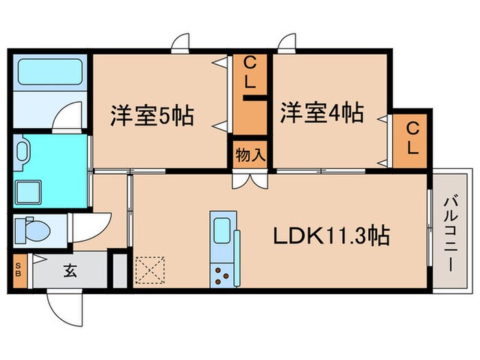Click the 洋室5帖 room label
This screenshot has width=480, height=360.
[152, 115]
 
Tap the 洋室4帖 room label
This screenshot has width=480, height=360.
[321, 112]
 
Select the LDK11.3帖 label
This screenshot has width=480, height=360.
[333, 237]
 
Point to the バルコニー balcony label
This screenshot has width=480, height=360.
[451, 233]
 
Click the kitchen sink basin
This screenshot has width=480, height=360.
[222, 231]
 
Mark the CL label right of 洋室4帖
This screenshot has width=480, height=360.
[412, 137]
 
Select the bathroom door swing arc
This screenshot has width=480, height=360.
[69, 115]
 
